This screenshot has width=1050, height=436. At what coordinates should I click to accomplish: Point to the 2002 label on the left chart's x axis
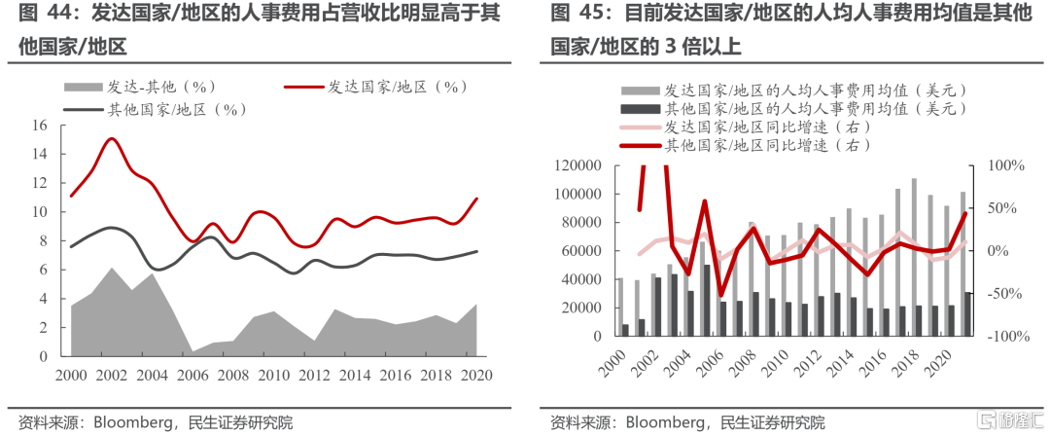tap(111, 377)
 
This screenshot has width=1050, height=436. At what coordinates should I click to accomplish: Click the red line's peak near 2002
tap(112, 138)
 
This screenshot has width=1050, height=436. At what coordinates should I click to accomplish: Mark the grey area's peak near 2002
tap(112, 268)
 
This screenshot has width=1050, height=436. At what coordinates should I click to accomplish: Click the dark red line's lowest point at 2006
tap(720, 294)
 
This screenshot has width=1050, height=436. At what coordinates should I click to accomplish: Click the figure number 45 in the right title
tap(582, 14)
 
